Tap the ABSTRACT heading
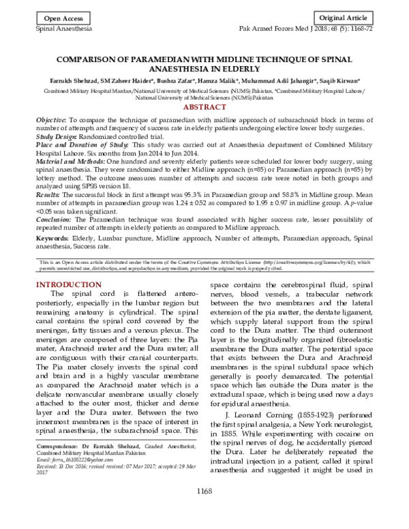204,108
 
